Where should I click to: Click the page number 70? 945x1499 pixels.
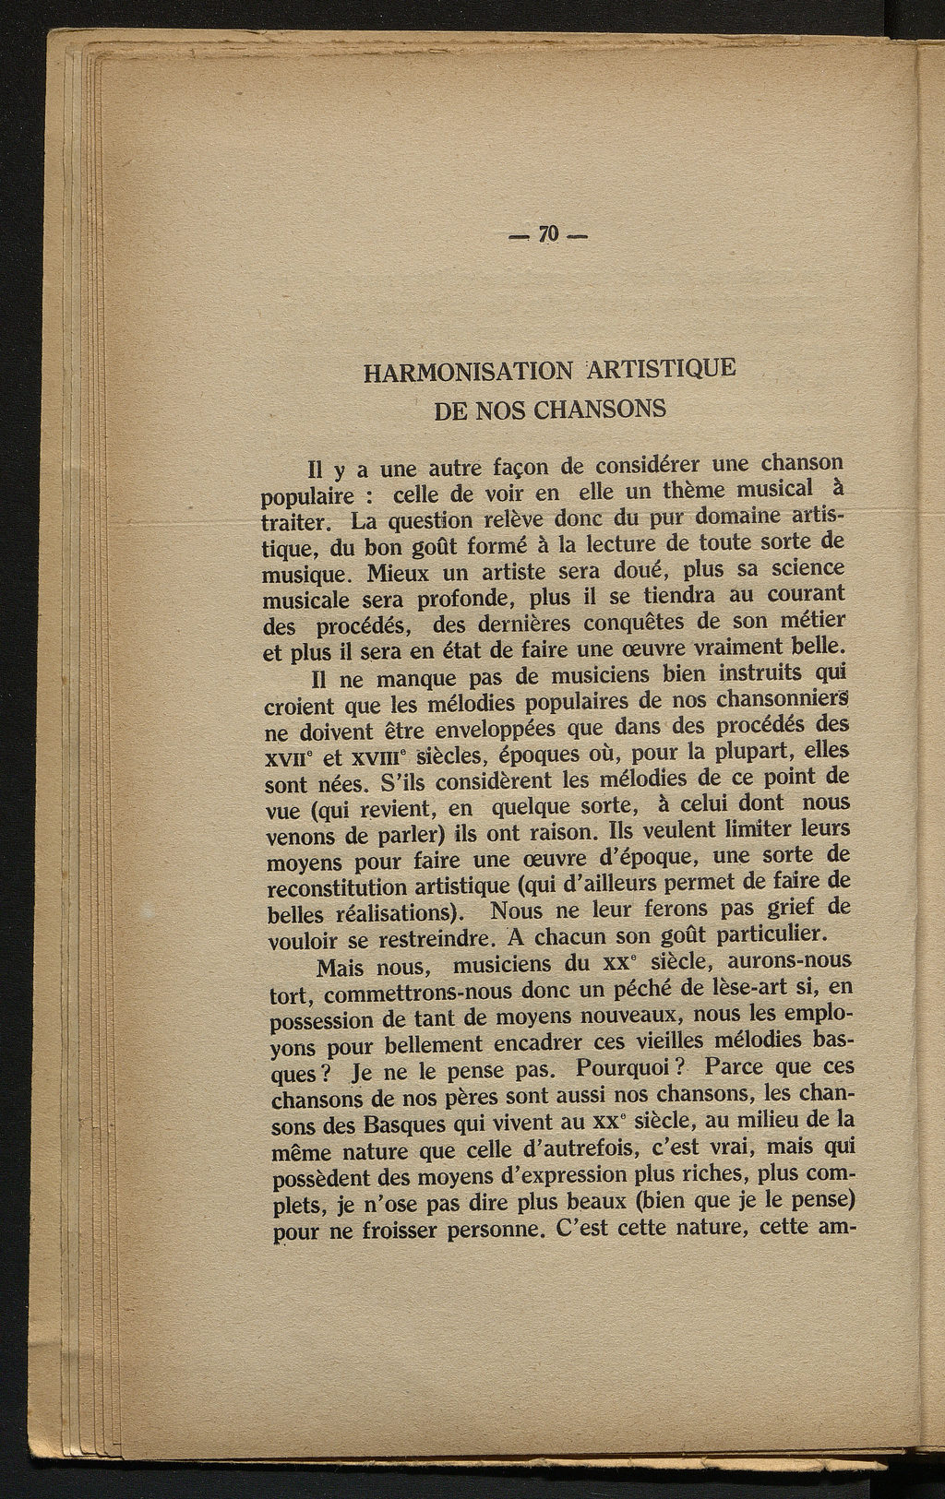coord(549,234)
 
